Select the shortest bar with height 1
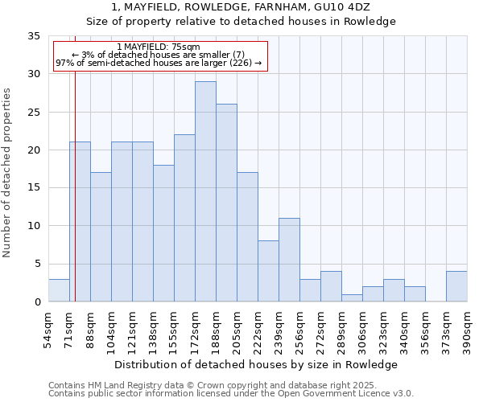pos(352,297)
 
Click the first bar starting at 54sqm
pos(59,290)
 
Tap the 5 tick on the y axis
pos(36,264)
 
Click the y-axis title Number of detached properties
pos(7,172)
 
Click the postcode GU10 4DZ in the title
pos(341,6)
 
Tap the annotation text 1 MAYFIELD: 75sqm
pos(158,47)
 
